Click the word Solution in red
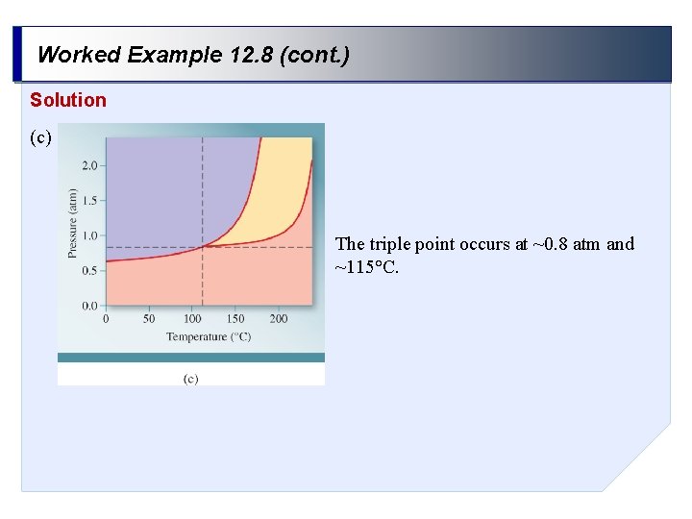coord(68,100)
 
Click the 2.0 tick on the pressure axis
coord(89,165)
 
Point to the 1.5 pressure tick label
coord(89,200)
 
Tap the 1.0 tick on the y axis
coord(89,235)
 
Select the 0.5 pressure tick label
coord(89,270)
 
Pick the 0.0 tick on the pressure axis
coord(89,306)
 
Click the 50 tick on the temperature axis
coord(149,318)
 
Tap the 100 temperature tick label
coord(192,318)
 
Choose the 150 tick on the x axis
coord(235,318)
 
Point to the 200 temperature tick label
coord(279,318)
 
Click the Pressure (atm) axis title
coord(73,222)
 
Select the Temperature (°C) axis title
coord(209,336)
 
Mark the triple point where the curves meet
coord(203,247)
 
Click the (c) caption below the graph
coord(190,379)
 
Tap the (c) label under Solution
coord(40,137)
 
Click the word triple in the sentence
coord(389,244)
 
